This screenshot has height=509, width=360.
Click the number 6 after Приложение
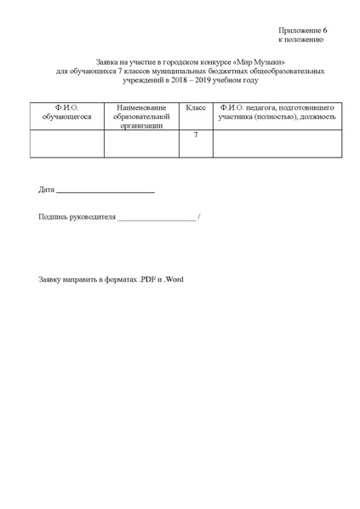[x=325, y=31]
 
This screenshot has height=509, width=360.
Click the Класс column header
[x=196, y=109]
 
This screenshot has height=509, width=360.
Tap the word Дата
[x=47, y=189]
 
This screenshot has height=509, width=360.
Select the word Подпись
[x=54, y=217]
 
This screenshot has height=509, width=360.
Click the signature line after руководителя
[x=157, y=220]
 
